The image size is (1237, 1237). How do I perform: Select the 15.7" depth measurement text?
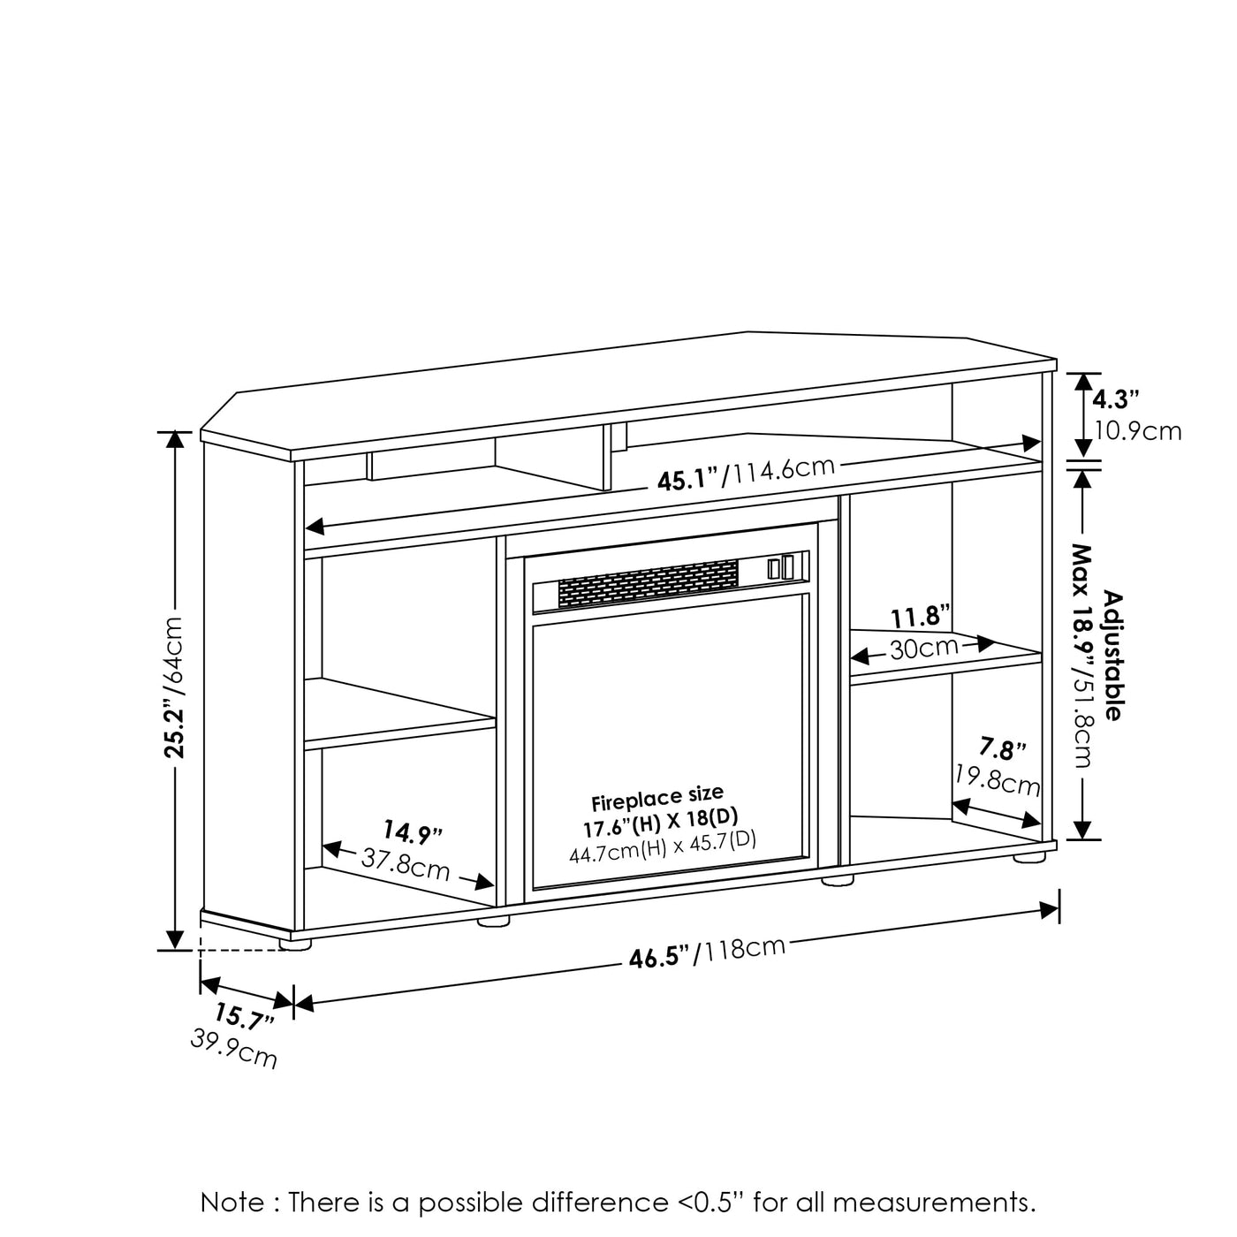[x=244, y=1017]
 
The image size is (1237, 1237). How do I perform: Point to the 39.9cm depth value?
[x=234, y=1049]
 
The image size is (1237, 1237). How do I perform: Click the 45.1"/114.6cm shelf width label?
[x=746, y=473]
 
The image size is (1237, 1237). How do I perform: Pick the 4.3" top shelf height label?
[x=1116, y=399]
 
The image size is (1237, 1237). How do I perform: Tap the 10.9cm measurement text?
[x=1137, y=430]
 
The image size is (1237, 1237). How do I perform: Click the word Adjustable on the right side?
[x=1113, y=656]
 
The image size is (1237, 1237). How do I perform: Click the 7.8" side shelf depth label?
[x=1002, y=748]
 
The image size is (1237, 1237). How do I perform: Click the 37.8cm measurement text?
[x=406, y=864]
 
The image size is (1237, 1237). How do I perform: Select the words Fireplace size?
[x=656, y=799]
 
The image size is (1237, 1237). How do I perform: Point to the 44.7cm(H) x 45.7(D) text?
[x=663, y=847]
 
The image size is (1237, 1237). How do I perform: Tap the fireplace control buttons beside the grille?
[x=780, y=568]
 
